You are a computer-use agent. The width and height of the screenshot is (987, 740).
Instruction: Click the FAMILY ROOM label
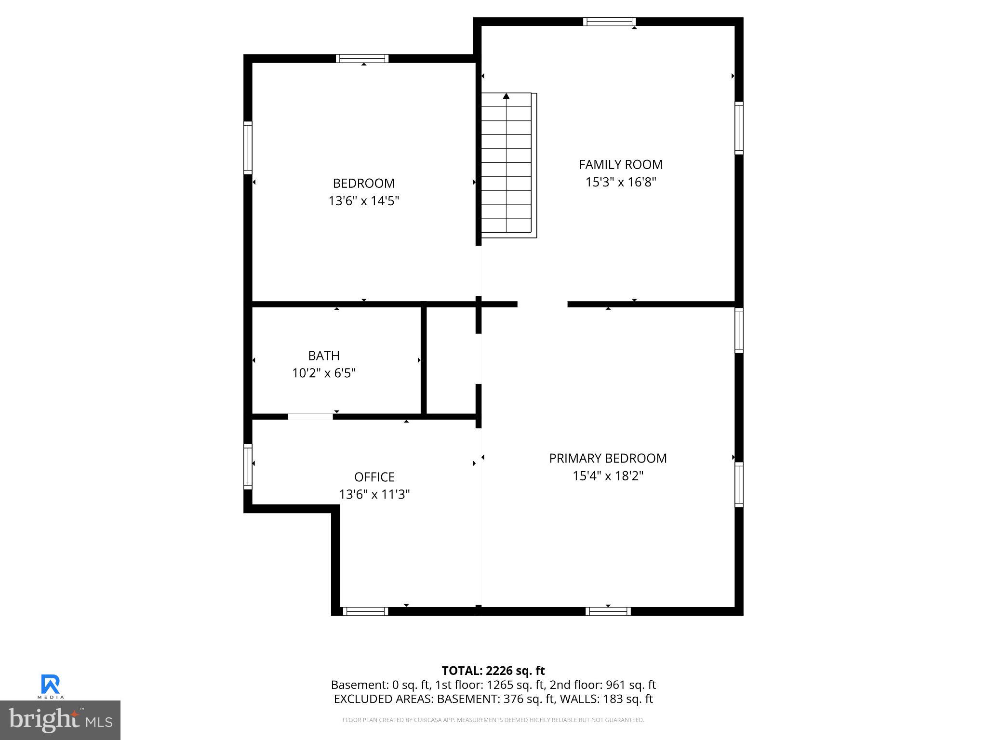(x=620, y=165)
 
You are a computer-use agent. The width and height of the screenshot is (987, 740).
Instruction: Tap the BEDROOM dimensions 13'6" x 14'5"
(x=364, y=201)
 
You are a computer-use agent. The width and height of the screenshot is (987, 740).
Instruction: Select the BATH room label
(x=324, y=356)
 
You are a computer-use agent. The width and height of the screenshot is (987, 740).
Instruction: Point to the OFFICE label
(x=374, y=477)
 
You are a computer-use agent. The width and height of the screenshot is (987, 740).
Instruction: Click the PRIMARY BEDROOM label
(x=608, y=458)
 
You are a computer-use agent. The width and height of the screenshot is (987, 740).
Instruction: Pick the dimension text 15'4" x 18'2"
(x=608, y=476)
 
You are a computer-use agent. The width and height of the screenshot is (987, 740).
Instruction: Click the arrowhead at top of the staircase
(x=506, y=96)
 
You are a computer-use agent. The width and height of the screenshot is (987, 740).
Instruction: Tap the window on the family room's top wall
(x=609, y=22)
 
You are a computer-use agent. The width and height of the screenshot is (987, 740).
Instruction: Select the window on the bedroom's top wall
(x=362, y=59)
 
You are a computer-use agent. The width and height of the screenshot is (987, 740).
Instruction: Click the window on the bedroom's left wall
(x=248, y=148)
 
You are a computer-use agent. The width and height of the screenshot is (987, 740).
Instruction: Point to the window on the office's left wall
(x=248, y=466)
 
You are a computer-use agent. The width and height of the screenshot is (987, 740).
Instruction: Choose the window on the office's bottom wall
(x=365, y=611)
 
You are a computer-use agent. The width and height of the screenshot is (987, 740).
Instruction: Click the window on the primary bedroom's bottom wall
(x=608, y=611)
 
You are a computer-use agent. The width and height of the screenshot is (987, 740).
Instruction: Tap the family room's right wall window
(x=739, y=128)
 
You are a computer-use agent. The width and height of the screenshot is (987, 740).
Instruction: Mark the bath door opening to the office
(x=310, y=417)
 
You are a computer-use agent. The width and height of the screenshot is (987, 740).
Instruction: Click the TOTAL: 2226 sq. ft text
(x=493, y=671)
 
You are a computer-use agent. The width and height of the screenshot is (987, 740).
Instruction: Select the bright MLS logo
(x=60, y=720)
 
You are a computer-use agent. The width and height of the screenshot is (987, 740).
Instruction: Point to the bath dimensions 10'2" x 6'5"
(x=324, y=373)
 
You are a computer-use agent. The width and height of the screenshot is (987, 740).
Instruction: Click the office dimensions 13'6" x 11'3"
(x=374, y=494)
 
